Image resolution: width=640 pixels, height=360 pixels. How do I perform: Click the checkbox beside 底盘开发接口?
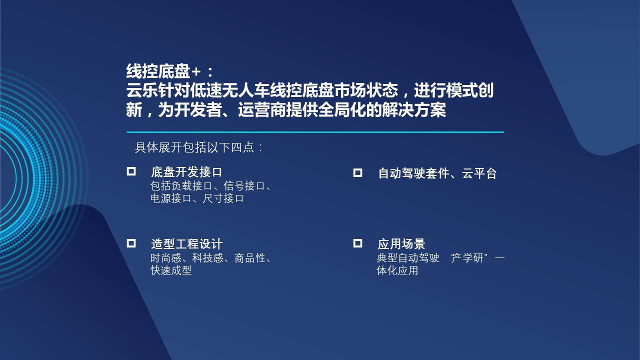click(x=131, y=171)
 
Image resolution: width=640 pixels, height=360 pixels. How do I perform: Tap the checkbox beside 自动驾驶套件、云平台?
click(x=357, y=172)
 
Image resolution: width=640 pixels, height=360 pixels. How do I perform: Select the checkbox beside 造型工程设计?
click(x=131, y=243)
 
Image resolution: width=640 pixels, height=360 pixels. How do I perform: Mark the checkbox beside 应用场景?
click(x=357, y=243)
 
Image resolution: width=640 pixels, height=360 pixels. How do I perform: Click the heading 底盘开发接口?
click(x=186, y=172)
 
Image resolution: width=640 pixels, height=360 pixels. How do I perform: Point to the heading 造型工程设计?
click(x=186, y=244)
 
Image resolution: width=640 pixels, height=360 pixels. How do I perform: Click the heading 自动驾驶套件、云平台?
click(x=437, y=173)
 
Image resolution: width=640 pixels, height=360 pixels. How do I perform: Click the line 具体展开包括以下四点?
click(x=198, y=147)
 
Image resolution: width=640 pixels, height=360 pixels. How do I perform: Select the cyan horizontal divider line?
click(x=315, y=132)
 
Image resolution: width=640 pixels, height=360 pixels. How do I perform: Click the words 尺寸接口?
click(x=223, y=198)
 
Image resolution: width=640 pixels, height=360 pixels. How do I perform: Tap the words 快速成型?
click(x=171, y=270)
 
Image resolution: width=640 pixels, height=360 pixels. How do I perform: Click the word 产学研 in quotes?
click(x=468, y=258)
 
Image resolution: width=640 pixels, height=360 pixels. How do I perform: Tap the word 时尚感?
click(x=165, y=258)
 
